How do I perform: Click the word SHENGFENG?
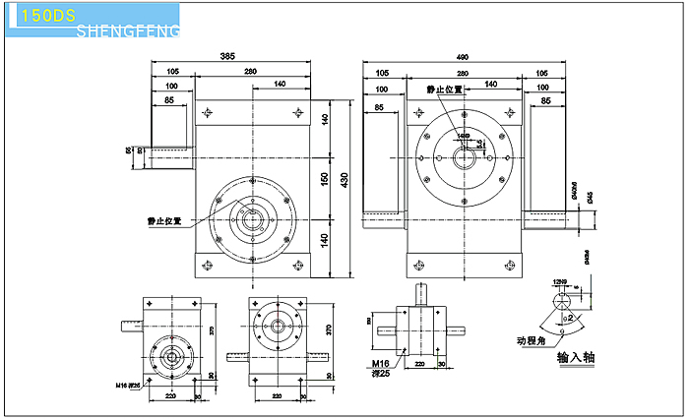127,32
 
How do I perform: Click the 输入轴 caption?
576,357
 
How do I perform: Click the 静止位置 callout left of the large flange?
162,220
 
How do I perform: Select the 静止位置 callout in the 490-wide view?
444,90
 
